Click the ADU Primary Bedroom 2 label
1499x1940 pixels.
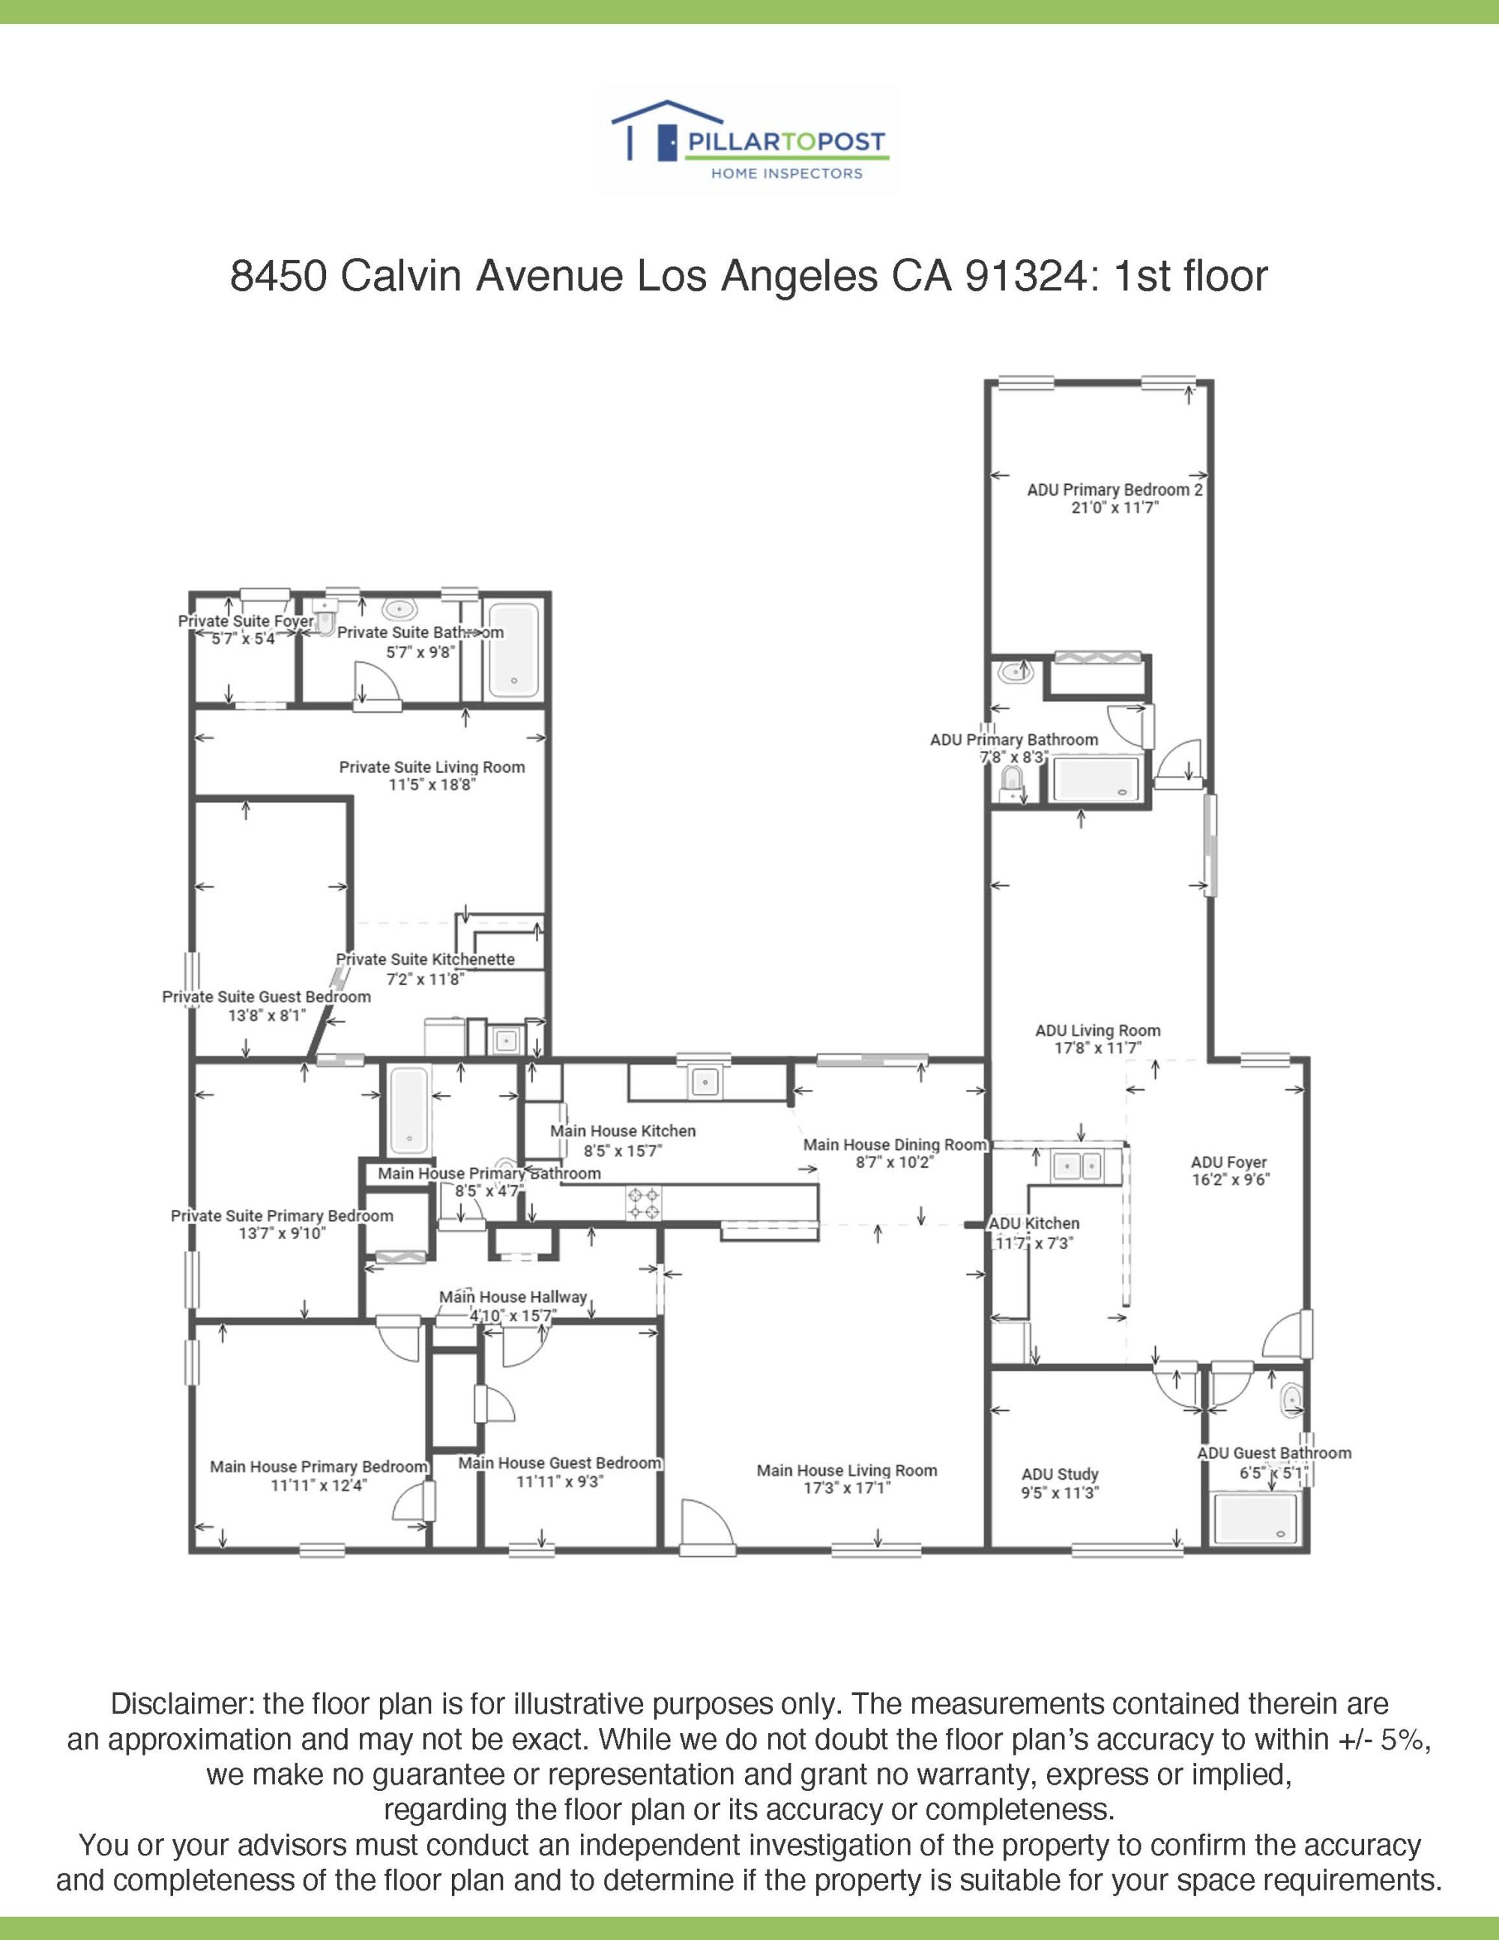(x=1115, y=489)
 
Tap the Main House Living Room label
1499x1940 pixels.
(x=846, y=1470)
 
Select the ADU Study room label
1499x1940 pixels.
(x=1060, y=1474)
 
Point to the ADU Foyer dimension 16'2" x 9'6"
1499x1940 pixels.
(x=1231, y=1180)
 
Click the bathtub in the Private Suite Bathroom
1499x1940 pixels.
(x=513, y=650)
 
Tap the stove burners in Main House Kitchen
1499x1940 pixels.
(x=644, y=1202)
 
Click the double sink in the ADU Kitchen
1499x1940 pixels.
(x=1076, y=1165)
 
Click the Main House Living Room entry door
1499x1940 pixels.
(x=707, y=1528)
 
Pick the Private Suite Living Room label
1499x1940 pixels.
(x=432, y=767)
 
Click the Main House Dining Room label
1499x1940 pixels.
(x=895, y=1144)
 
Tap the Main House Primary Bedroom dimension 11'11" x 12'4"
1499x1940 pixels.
(x=319, y=1484)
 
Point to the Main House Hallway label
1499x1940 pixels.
(x=513, y=1297)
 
